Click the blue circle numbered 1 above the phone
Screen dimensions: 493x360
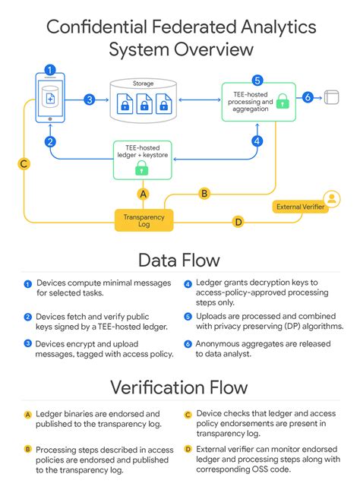[49, 70]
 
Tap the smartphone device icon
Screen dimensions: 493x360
[49, 99]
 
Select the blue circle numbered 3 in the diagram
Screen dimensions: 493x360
[89, 99]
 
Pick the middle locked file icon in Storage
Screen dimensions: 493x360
[144, 106]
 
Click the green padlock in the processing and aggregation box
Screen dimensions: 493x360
[282, 100]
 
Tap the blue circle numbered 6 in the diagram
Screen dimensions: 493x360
[308, 97]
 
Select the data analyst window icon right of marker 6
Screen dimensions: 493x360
[330, 97]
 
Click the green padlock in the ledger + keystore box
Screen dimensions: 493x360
[141, 167]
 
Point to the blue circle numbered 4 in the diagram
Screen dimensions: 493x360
[257, 141]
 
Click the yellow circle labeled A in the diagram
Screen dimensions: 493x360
[141, 194]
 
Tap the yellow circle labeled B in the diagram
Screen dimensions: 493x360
[204, 193]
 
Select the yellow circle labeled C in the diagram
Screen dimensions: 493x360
[24, 163]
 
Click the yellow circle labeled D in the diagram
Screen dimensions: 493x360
[238, 222]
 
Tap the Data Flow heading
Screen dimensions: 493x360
[179, 261]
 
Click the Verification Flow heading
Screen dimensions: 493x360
[179, 387]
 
